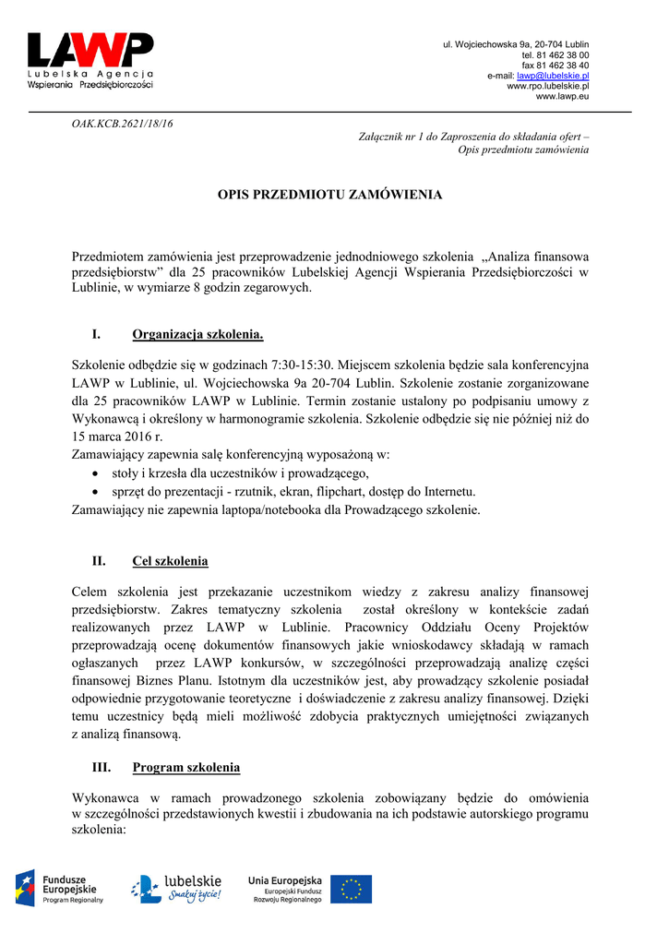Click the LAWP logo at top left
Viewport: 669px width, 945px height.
pyautogui.click(x=90, y=59)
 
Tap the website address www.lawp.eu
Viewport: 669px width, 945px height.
pyautogui.click(x=562, y=96)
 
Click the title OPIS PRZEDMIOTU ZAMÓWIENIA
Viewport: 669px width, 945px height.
pyautogui.click(x=329, y=195)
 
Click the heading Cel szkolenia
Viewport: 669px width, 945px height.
pyautogui.click(x=170, y=561)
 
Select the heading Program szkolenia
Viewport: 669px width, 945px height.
pyautogui.click(x=186, y=768)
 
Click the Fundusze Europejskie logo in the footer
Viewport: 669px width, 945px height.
pyautogui.click(x=59, y=889)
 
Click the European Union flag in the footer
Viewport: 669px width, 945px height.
pyautogui.click(x=351, y=889)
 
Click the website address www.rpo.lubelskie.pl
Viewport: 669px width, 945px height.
pyautogui.click(x=548, y=86)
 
